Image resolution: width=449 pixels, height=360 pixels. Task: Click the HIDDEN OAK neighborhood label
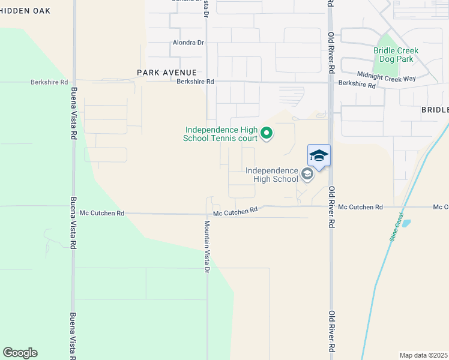[x=25, y=11]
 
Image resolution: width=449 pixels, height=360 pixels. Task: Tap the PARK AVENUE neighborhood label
[x=158, y=73]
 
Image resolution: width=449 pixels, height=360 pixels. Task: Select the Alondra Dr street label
[x=188, y=43]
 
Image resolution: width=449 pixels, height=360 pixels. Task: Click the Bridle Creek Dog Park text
[x=396, y=55]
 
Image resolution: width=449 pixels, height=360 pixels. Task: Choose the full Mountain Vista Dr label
[x=206, y=247]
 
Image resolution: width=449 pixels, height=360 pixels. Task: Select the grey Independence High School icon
[x=307, y=175]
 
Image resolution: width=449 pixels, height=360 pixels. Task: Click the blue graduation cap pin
[x=319, y=156]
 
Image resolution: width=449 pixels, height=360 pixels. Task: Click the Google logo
[x=20, y=353]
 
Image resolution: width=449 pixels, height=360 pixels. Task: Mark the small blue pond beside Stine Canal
[x=406, y=223]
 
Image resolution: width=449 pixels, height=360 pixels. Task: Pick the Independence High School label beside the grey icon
[x=271, y=175]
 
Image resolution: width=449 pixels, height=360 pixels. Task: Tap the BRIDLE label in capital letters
[x=435, y=110]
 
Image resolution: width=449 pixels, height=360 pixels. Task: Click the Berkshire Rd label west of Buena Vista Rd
[x=51, y=82]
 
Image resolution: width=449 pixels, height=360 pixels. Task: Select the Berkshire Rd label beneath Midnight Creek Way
[x=357, y=86]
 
